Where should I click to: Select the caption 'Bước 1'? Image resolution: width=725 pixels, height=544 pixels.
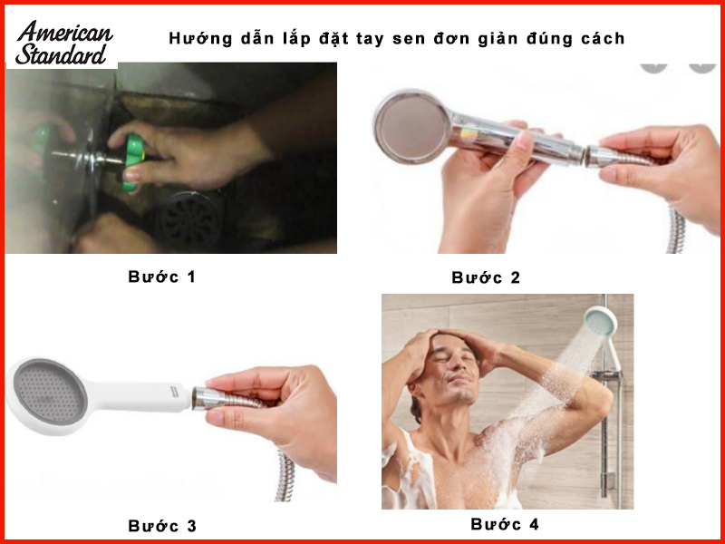click(161, 277)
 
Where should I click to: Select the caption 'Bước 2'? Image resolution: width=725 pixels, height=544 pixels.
click(486, 277)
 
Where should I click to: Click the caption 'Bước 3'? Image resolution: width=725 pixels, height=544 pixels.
click(161, 525)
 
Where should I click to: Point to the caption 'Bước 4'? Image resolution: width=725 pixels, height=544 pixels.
click(505, 524)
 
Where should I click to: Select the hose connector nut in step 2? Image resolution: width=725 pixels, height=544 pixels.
click(594, 157)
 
